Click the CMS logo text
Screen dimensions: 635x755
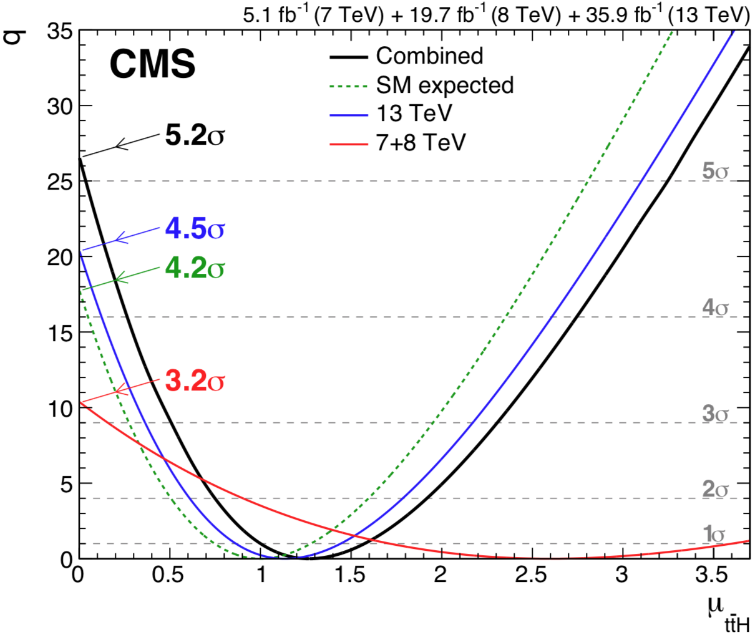pyautogui.click(x=152, y=64)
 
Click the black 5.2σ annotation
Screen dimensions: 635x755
pyautogui.click(x=194, y=135)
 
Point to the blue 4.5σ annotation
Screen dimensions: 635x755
pyautogui.click(x=194, y=229)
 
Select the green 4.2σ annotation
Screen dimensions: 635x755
pyautogui.click(x=194, y=268)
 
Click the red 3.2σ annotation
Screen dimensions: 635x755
pyautogui.click(x=194, y=381)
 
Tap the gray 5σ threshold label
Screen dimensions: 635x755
pyautogui.click(x=715, y=170)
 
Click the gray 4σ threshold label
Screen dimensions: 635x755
pyautogui.click(x=715, y=308)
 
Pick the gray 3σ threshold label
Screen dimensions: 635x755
pyautogui.click(x=715, y=413)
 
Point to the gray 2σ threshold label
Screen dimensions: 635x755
pyautogui.click(x=715, y=489)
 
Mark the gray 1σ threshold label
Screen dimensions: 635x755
pyautogui.click(x=715, y=534)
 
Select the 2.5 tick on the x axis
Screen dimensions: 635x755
pyautogui.click(x=531, y=574)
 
